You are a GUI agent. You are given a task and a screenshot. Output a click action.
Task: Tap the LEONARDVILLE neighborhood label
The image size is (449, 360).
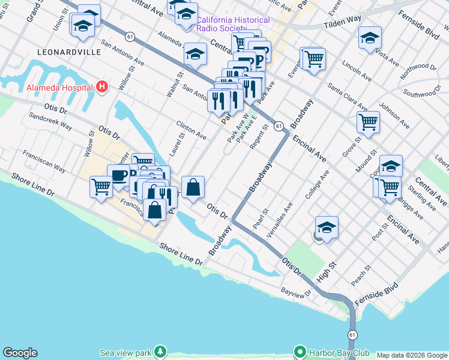tap(69, 52)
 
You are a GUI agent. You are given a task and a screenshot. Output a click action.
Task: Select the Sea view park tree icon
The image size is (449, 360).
tap(160, 351)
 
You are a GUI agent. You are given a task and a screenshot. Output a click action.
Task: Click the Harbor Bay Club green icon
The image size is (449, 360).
tap(299, 351)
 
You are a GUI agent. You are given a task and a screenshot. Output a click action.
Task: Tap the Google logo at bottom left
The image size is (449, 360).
tap(20, 353)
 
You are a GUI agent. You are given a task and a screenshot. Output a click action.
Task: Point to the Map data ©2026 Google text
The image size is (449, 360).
tap(412, 355)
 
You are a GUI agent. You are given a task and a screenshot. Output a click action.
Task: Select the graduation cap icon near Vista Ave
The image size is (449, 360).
tap(370, 37)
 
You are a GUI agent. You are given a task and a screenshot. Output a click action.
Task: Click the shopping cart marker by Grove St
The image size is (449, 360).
tap(368, 122)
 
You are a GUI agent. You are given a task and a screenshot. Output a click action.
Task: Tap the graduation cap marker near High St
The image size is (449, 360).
tap(327, 227)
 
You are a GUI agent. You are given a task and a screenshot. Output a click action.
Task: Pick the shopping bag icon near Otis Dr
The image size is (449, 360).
tap(193, 187)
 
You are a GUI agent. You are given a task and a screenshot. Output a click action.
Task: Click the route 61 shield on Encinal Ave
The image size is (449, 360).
tap(279, 127)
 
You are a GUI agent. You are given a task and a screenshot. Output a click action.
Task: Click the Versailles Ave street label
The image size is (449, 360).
tap(280, 220)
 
